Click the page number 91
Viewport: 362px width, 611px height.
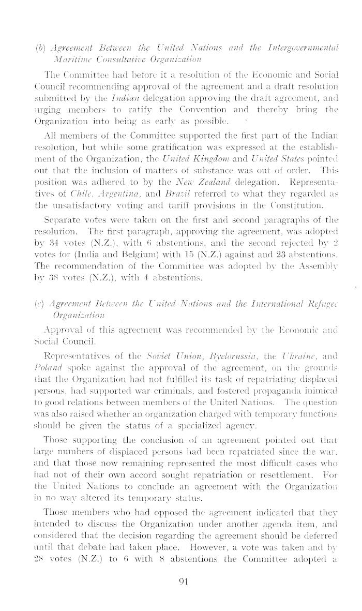coord(182,596)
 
